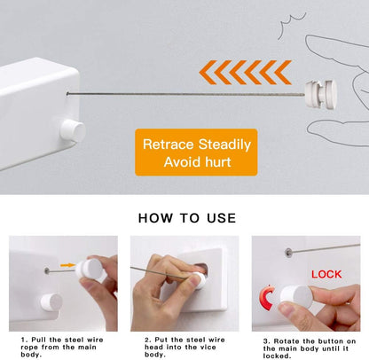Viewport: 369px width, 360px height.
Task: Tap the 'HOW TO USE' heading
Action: pos(186,217)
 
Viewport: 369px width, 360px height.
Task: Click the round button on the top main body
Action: pos(71,131)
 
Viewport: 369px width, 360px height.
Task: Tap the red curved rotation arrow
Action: pos(264,299)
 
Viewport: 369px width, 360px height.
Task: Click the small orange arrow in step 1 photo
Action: pos(67,263)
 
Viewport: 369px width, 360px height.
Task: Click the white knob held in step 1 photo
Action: pos(89,270)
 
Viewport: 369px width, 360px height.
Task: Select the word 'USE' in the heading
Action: pos(220,217)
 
